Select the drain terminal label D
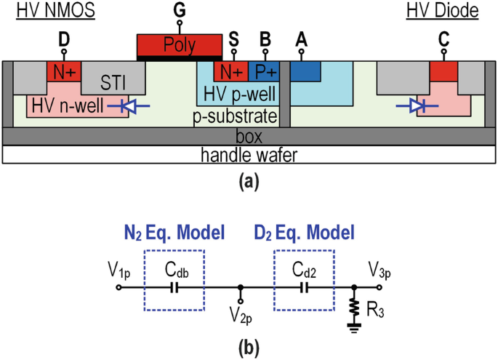(63, 41)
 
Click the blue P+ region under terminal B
(264, 71)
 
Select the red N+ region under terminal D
(63, 71)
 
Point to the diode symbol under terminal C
(417, 106)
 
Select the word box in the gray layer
(249, 135)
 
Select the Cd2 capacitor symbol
(304, 287)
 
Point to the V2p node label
(241, 318)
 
